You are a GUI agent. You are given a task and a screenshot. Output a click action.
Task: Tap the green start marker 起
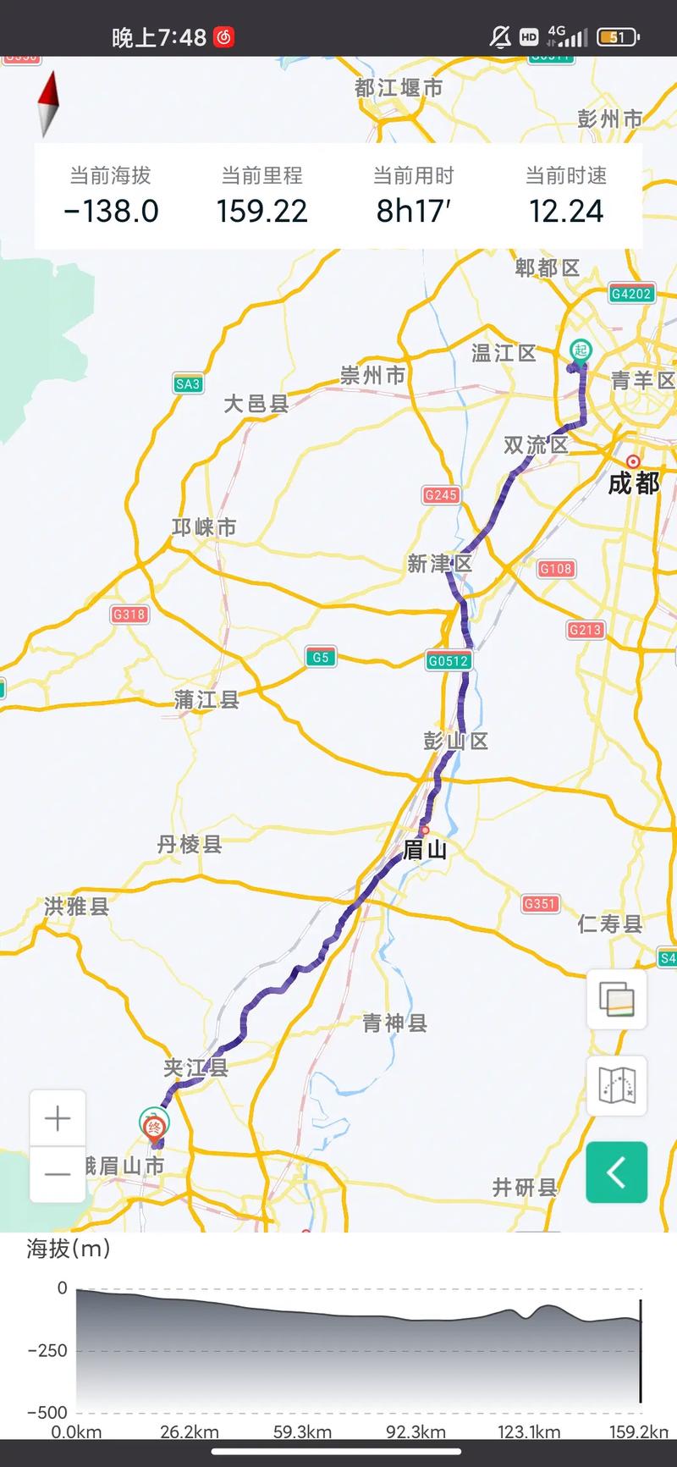[x=580, y=350]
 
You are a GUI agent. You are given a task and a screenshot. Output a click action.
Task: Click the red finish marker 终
[x=155, y=1127]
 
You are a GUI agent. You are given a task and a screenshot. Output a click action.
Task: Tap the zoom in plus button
[x=58, y=1119]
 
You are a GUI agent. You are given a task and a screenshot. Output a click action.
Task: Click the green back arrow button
[x=616, y=1172]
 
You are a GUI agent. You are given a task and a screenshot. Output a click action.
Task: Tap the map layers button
[x=616, y=999]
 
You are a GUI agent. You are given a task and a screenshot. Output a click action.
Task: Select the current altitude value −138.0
[x=111, y=211]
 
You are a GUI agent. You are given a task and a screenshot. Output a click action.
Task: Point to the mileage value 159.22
[x=261, y=211]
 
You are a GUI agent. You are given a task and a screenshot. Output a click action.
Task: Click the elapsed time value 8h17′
[x=413, y=211]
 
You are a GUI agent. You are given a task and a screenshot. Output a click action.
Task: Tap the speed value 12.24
[x=565, y=211]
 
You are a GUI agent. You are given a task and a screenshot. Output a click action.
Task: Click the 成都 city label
[x=634, y=483]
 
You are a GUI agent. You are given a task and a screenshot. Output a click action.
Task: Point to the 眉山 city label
[x=424, y=849]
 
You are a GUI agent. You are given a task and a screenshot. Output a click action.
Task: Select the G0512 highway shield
[x=448, y=661]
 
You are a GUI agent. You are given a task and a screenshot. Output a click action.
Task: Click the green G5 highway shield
[x=320, y=657]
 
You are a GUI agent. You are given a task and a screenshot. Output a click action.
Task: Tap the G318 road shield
[x=129, y=615]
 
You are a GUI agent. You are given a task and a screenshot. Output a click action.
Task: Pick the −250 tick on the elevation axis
[x=47, y=1350]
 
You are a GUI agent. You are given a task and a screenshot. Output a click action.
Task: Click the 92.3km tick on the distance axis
[x=416, y=1432]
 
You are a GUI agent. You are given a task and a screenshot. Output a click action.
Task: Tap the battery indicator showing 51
[x=618, y=37]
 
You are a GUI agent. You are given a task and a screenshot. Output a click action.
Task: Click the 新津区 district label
[x=439, y=564]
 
